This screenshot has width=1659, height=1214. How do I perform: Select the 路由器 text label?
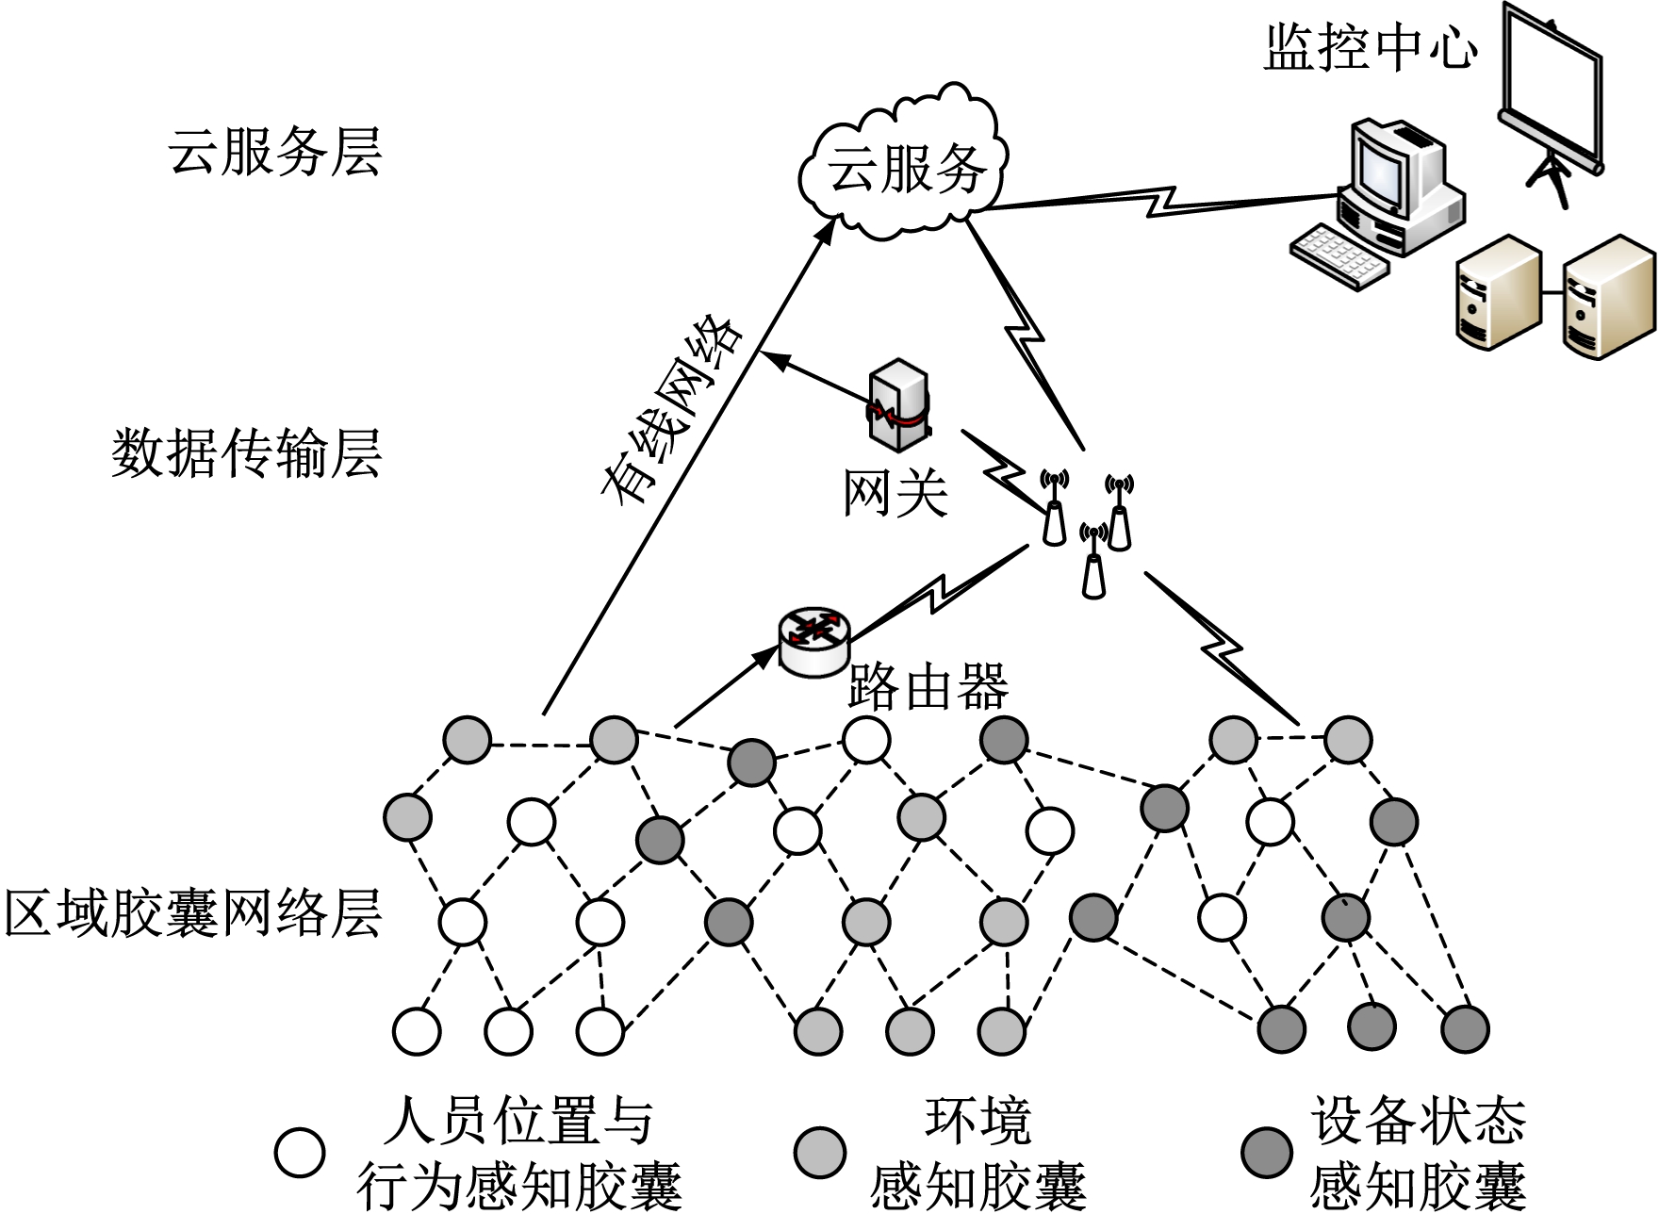(x=928, y=686)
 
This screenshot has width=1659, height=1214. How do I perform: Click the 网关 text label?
(x=895, y=492)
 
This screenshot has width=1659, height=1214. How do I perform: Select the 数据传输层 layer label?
(x=247, y=453)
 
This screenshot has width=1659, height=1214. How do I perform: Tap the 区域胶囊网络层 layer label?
(x=193, y=912)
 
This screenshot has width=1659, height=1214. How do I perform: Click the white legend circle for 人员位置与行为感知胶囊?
(x=300, y=1153)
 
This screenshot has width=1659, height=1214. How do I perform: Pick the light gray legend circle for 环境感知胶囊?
(x=819, y=1153)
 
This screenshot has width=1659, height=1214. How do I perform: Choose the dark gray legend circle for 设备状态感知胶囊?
(x=1266, y=1153)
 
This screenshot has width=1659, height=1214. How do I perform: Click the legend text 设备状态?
(x=1417, y=1122)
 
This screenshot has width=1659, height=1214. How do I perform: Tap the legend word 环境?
(x=977, y=1122)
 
